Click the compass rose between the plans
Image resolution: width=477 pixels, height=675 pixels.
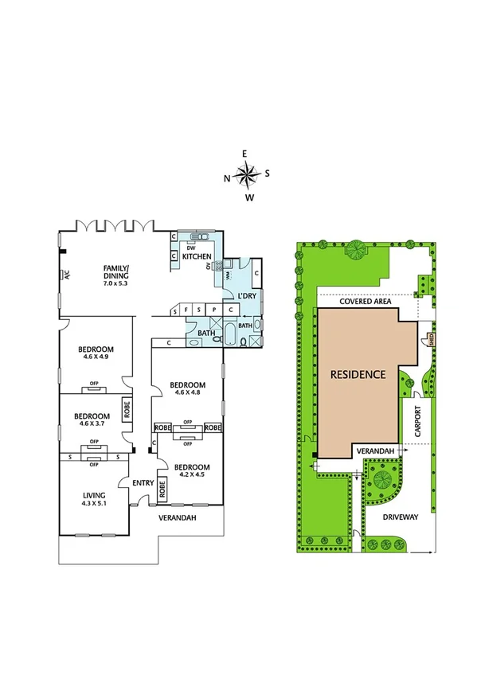[248, 174]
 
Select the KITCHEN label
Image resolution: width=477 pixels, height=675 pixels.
[196, 256]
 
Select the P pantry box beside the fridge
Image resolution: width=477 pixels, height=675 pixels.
[213, 310]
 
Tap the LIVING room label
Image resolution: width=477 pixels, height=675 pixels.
[94, 498]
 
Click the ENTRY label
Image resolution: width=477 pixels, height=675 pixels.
[143, 482]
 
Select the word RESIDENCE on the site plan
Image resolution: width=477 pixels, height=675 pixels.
[358, 374]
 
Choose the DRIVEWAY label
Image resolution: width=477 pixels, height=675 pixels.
[399, 516]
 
